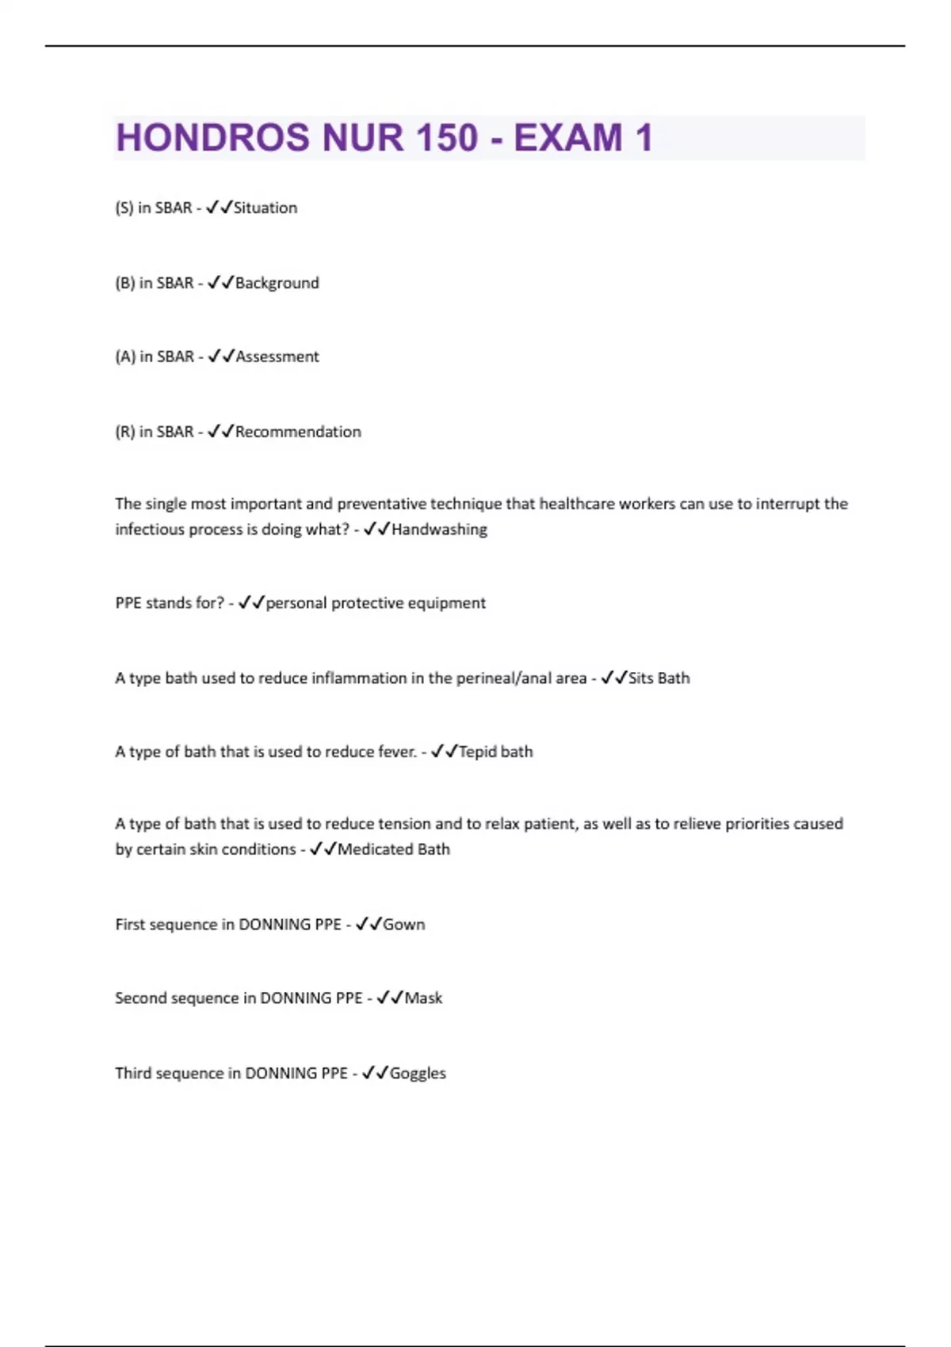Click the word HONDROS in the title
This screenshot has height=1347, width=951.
click(x=202, y=138)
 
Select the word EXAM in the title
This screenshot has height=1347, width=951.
click(x=567, y=138)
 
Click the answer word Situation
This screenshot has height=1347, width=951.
click(x=265, y=208)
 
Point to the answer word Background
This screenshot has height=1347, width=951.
click(x=277, y=283)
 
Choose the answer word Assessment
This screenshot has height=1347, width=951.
click(x=277, y=357)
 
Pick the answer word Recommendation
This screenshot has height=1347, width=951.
click(x=298, y=432)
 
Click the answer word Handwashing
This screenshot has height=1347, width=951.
click(x=439, y=529)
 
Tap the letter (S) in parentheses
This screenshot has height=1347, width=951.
click(x=124, y=208)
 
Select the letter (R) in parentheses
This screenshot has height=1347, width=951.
click(x=125, y=432)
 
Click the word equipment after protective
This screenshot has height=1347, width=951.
click(x=446, y=603)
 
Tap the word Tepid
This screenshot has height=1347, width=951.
click(x=477, y=752)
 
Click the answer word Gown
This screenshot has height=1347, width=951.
click(x=404, y=925)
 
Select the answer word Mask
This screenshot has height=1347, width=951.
click(x=423, y=998)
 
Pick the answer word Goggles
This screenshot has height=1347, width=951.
click(x=418, y=1074)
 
